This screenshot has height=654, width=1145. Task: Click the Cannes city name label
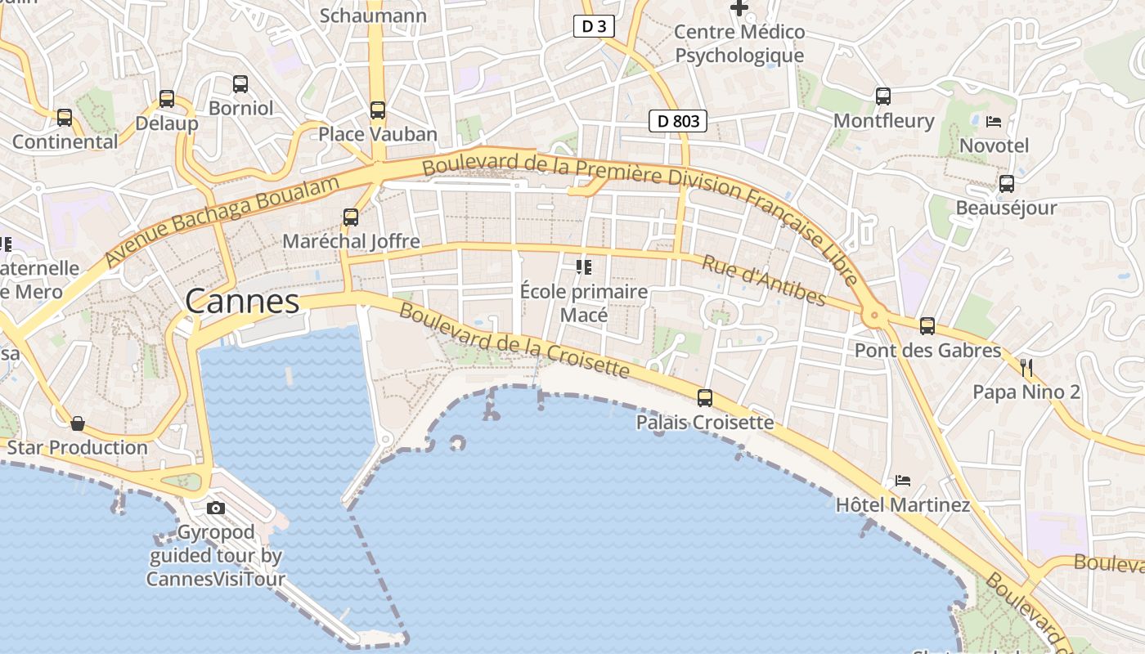click(242, 302)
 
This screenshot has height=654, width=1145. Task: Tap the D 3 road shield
click(594, 27)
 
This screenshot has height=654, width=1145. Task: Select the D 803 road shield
click(678, 122)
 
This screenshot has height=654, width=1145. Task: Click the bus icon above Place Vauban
click(377, 110)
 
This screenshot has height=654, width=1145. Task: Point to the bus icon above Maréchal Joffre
click(351, 217)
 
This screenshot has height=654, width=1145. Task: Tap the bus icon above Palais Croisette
click(704, 398)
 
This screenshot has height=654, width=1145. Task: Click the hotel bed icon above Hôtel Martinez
click(903, 480)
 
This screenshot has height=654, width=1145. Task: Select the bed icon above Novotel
click(994, 122)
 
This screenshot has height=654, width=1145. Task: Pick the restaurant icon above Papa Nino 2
click(1026, 367)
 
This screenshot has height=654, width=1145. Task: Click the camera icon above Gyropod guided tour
click(216, 508)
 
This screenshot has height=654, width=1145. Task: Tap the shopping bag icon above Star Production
click(78, 423)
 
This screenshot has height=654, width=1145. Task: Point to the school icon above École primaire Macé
click(584, 267)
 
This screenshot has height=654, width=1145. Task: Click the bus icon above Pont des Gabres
click(927, 325)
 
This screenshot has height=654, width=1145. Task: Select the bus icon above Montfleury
click(883, 96)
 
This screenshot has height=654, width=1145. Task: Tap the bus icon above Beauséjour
click(1007, 183)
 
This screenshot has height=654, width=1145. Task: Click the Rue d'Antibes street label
click(764, 280)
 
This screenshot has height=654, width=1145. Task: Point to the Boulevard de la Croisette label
click(514, 341)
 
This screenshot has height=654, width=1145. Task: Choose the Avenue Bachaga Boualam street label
click(222, 221)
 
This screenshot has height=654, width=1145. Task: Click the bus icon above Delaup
click(167, 99)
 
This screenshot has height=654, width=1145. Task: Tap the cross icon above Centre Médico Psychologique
click(739, 8)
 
